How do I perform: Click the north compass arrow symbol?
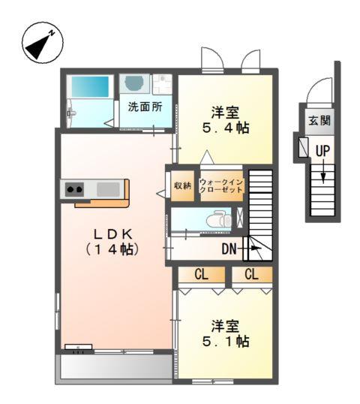(39, 43)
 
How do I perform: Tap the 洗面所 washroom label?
(144, 107)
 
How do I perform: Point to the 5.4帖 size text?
(225, 128)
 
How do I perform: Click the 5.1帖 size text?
(225, 341)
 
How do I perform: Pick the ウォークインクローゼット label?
(221, 185)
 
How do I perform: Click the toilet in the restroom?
(218, 220)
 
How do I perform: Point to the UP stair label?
(322, 151)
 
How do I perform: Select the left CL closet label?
(202, 275)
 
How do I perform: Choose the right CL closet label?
(251, 275)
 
